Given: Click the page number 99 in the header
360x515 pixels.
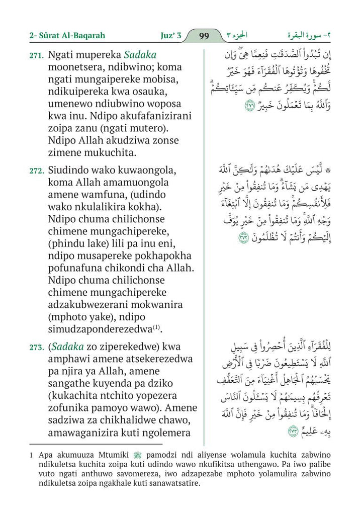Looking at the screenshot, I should pos(204,36).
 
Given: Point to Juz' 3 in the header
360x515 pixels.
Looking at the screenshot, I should pos(165,36).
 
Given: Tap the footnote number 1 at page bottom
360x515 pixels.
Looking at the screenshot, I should pos(31,455).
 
